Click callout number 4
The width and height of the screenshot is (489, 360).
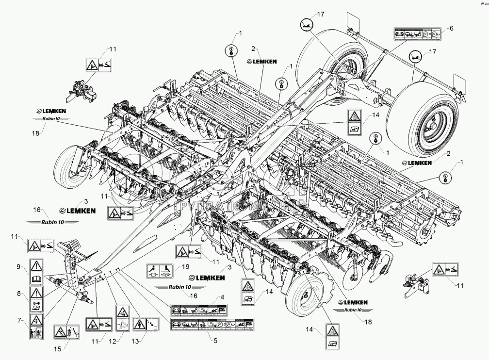click(222, 297)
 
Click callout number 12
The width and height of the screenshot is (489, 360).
click(113, 341)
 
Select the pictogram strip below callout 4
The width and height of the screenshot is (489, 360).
click(199, 310)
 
